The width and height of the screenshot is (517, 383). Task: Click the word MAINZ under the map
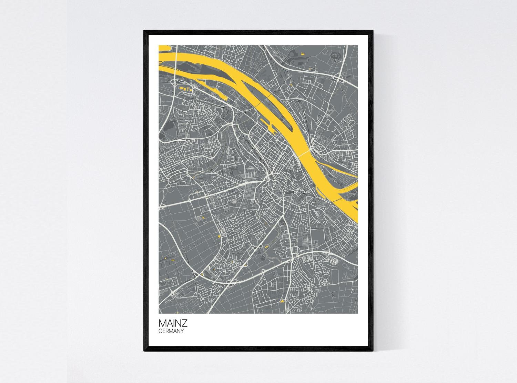(173, 324)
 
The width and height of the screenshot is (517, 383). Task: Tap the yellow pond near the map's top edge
(303, 53)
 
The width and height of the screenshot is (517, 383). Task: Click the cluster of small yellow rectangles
(184, 89)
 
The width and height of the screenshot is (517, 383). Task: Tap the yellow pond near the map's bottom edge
(282, 301)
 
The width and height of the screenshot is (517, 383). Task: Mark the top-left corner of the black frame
(144, 31)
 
